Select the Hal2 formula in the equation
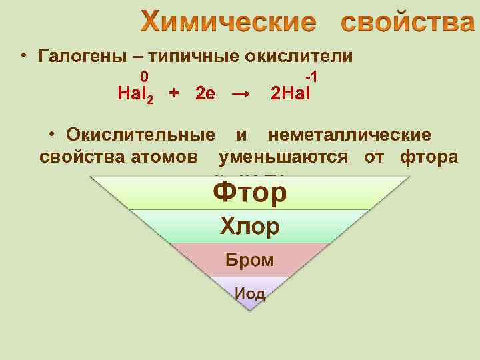click(x=135, y=94)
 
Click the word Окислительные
click(x=140, y=135)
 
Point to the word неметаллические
click(x=349, y=135)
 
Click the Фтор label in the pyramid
click(x=250, y=193)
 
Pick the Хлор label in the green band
click(x=250, y=227)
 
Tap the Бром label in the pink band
click(x=250, y=260)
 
